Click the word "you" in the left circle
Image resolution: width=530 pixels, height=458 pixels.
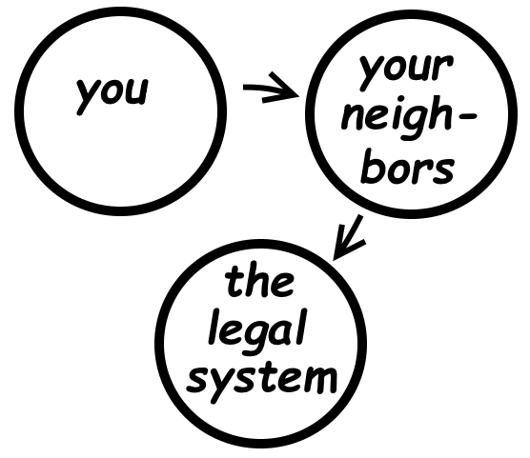point(112,95)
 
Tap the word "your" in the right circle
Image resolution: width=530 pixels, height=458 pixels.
point(406,72)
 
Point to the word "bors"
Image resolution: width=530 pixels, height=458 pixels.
point(408,168)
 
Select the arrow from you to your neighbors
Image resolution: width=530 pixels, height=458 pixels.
point(271,89)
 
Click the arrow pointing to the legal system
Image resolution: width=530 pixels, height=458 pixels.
point(349,237)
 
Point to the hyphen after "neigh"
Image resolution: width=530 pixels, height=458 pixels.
point(468,116)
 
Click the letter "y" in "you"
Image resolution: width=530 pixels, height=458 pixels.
point(87,97)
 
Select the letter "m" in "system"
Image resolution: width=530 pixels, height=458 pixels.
point(318,380)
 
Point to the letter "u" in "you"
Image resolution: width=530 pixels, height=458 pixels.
point(137,91)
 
